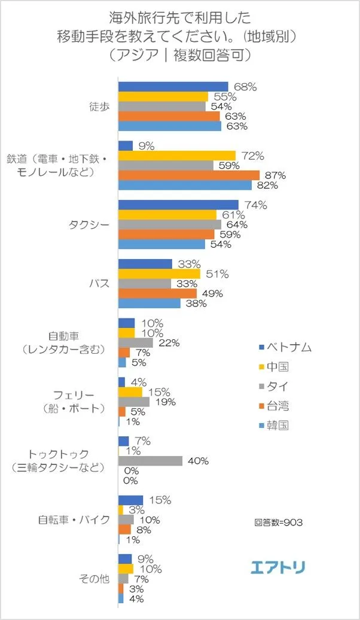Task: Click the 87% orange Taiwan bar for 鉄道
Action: click(188, 175)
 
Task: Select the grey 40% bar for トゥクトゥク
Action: click(150, 461)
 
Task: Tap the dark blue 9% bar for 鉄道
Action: click(126, 145)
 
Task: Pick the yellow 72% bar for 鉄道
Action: click(177, 156)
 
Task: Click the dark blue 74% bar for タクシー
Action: click(178, 205)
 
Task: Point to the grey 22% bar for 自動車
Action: click(136, 343)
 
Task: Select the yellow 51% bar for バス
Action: click(159, 274)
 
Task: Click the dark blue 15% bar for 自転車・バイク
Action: click(131, 500)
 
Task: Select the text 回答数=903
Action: click(278, 522)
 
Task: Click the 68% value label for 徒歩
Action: click(245, 87)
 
